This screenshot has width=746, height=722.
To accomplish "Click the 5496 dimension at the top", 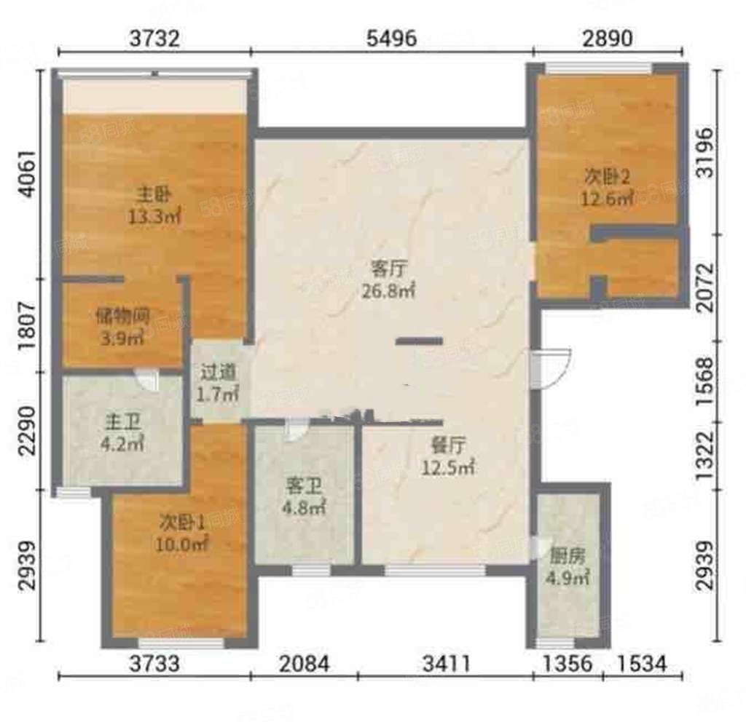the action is (x=391, y=38).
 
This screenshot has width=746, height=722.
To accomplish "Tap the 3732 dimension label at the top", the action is (x=155, y=38).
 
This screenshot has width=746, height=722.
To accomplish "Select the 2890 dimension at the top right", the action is (x=608, y=38).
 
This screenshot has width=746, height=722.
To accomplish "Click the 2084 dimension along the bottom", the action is (x=305, y=664).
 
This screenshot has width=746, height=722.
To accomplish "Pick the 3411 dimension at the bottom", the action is (x=447, y=664).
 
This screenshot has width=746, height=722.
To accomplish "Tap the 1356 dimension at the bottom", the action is (x=567, y=664).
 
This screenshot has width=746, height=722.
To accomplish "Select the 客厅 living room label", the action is (x=388, y=269).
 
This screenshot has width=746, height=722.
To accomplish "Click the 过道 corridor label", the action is (x=218, y=372).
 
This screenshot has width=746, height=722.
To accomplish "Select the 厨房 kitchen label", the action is (x=567, y=556).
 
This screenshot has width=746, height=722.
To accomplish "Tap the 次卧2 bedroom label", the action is (x=608, y=177).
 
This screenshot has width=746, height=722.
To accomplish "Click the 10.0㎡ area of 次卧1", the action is (x=181, y=544).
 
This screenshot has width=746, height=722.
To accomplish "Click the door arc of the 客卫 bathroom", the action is (x=297, y=429).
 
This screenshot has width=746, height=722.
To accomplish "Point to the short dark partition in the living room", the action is (x=419, y=341).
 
